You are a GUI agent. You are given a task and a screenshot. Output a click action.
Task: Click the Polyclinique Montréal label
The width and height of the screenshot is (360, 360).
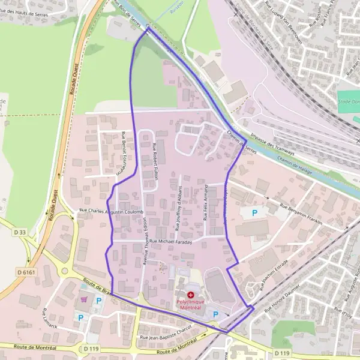[x=191, y=304]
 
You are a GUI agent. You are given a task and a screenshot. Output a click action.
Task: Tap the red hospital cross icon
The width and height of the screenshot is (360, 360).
[x=191, y=295]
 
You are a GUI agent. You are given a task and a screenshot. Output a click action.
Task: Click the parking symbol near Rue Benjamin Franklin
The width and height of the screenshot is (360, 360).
[x=254, y=212]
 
